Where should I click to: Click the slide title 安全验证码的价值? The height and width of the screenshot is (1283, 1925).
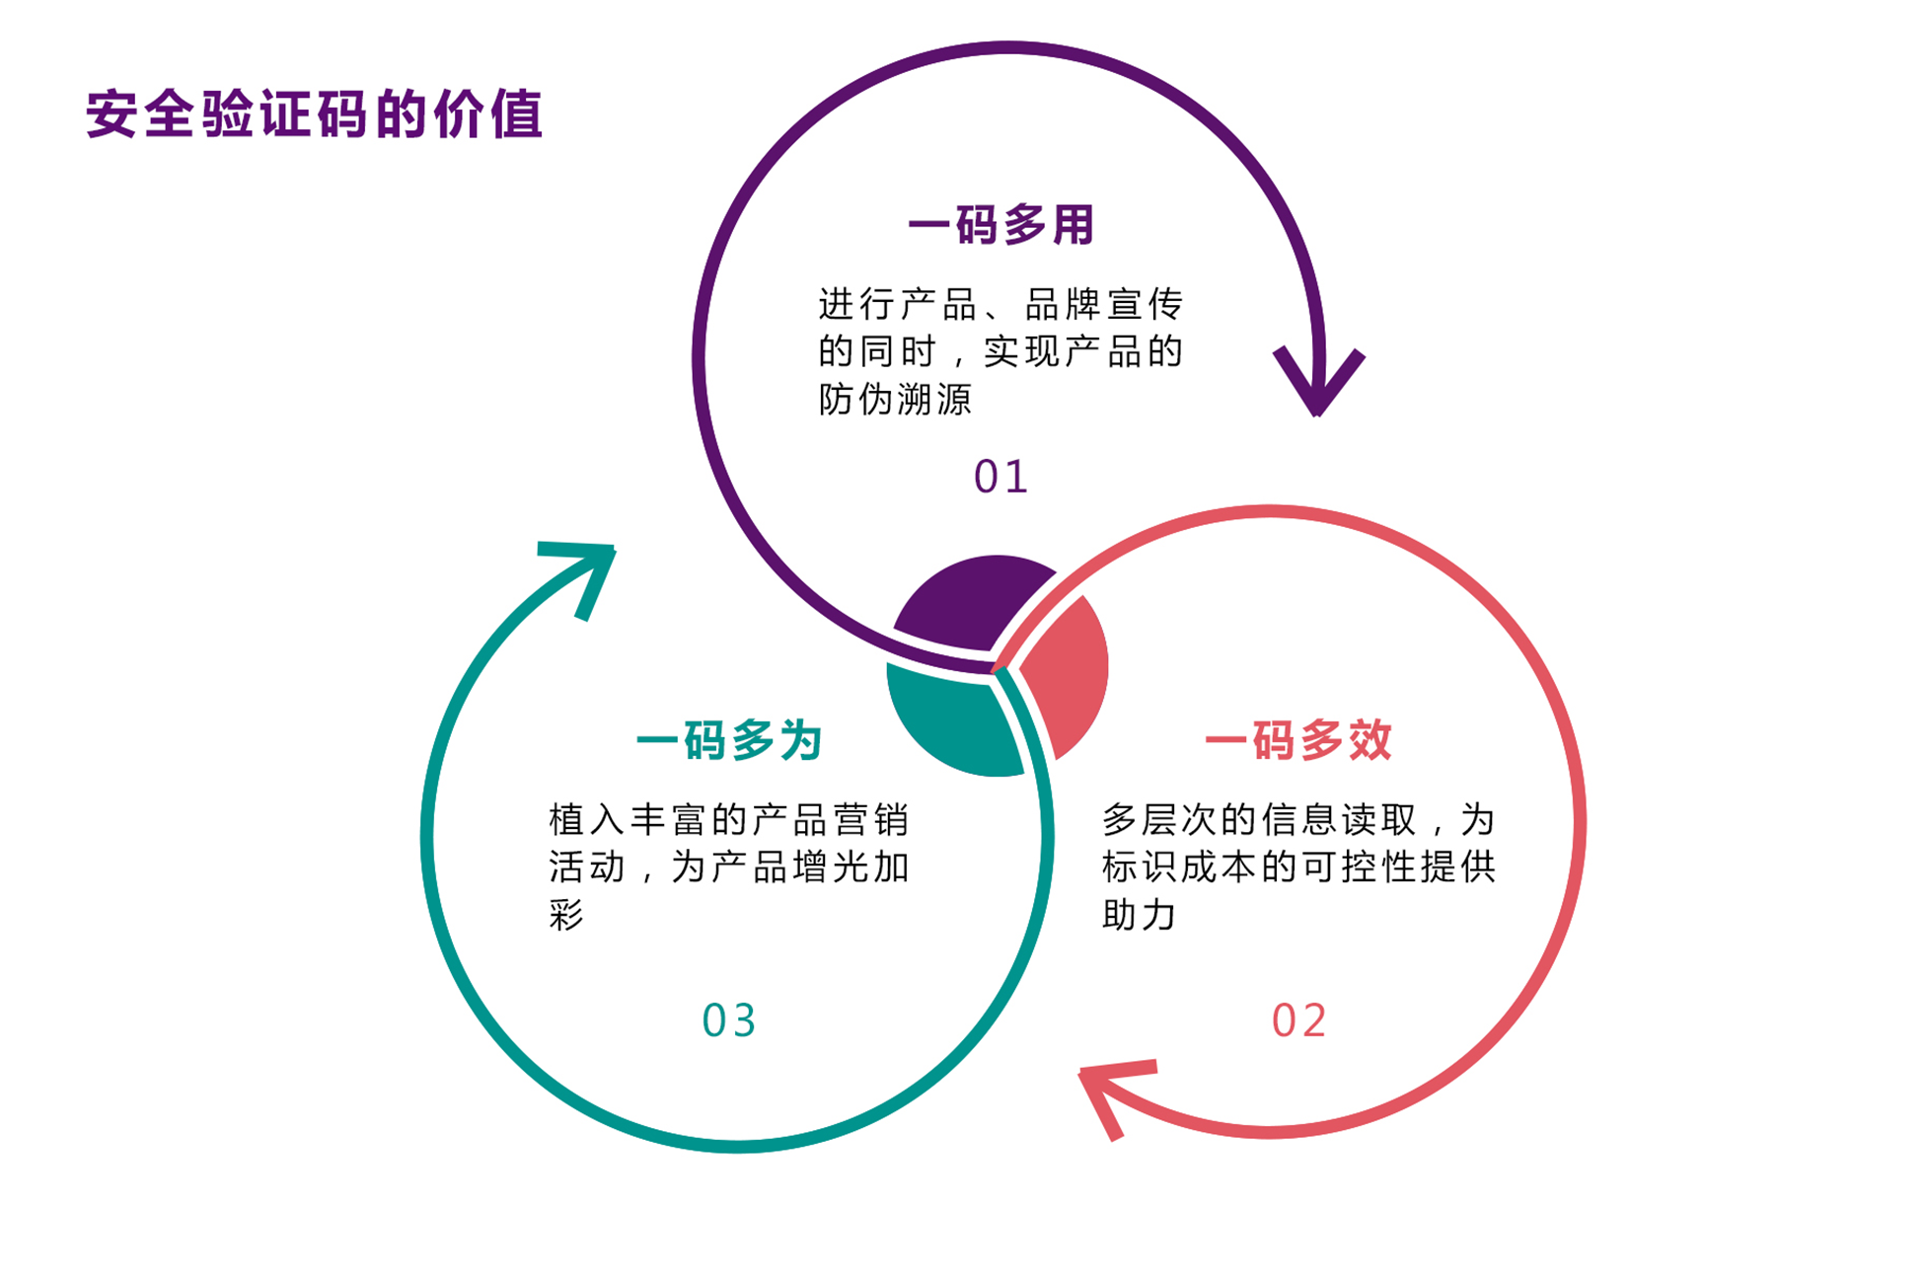[x=314, y=114]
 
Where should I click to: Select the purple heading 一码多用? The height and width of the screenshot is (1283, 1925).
[x=1000, y=225]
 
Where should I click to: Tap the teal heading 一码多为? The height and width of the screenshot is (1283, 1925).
[x=729, y=740]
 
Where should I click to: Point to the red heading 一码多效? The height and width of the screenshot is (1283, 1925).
[x=1298, y=740]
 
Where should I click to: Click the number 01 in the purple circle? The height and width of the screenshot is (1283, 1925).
[x=1000, y=477]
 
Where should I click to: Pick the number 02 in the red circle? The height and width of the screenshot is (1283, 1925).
[x=1298, y=1020]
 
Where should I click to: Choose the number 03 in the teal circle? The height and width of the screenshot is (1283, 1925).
[x=729, y=1020]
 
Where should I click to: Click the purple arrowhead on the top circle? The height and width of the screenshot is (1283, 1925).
[x=1318, y=380]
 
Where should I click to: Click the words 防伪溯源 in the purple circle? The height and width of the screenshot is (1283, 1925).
[x=895, y=400]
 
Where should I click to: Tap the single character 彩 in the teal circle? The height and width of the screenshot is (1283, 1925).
[x=566, y=915]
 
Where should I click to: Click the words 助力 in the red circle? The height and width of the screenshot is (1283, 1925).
[x=1139, y=915]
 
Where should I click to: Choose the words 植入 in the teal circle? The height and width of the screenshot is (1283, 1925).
[x=586, y=820]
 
